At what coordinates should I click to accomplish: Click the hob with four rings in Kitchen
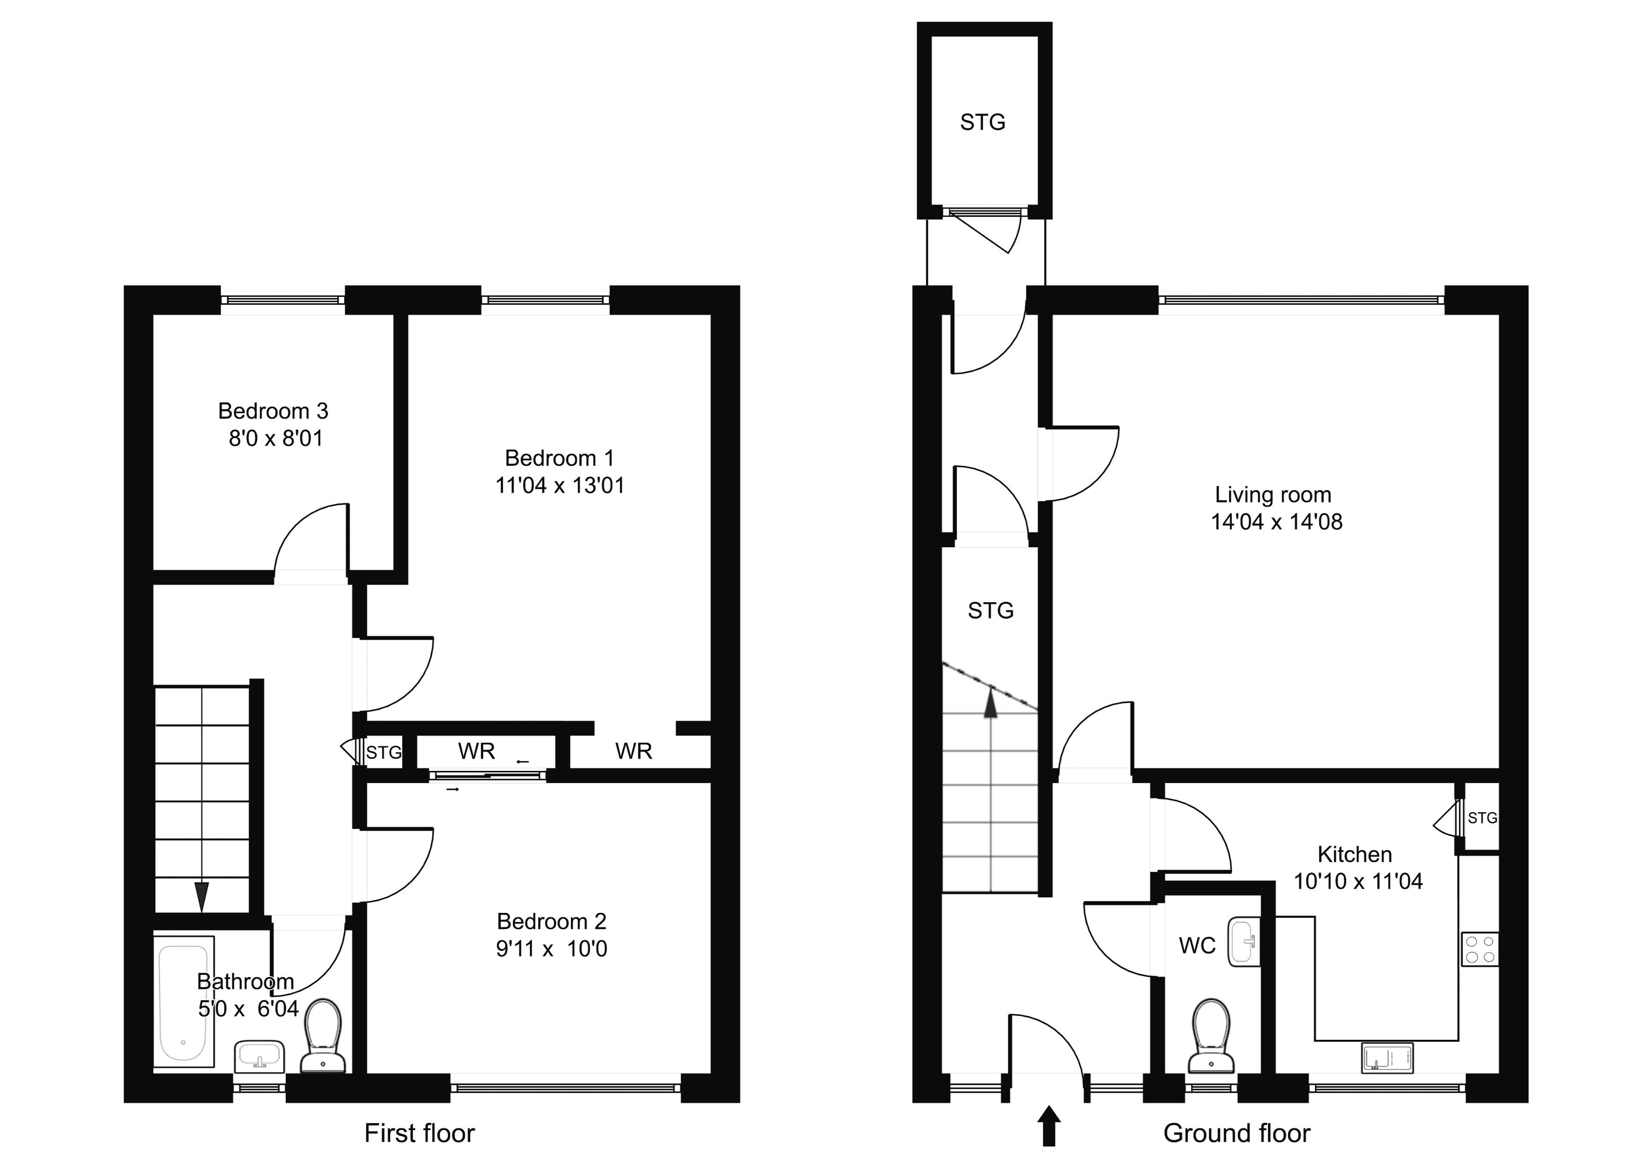pyautogui.click(x=1479, y=949)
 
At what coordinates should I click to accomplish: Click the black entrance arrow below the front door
pyautogui.click(x=1049, y=1126)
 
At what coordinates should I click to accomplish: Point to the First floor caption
pyautogui.click(x=419, y=1134)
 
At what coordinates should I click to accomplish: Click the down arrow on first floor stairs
pyautogui.click(x=201, y=896)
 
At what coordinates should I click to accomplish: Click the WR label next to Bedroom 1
pyautogui.click(x=633, y=751)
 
